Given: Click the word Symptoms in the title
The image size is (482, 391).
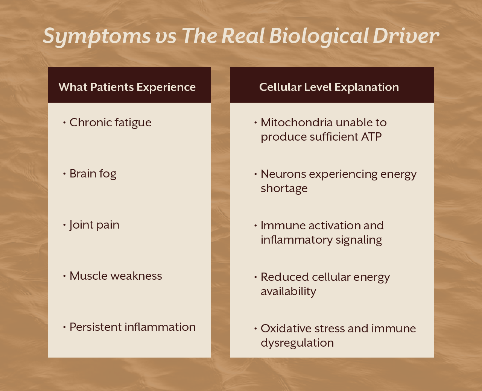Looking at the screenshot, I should tap(96, 36).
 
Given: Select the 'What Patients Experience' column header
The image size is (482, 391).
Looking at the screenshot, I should tap(127, 87).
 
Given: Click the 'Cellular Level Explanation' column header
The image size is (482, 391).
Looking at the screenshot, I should tap(329, 87).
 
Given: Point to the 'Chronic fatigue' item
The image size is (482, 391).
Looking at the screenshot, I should tap(110, 123).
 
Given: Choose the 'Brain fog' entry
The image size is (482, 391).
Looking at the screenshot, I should tap(93, 174).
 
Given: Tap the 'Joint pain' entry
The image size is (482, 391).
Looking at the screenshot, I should tap(94, 225).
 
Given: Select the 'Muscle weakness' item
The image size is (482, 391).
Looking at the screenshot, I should tap(116, 276).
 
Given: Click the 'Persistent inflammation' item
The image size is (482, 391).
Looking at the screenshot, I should tap(132, 327).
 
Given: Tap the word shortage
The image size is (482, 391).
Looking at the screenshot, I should tap(284, 188).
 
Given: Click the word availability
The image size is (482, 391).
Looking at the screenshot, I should tap(288, 291).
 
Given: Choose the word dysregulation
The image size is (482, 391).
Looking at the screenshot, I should tap(297, 343).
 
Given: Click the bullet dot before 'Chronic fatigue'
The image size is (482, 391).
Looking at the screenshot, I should tap(65, 123).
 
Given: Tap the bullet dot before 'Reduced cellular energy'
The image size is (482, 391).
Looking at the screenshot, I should tap(256, 277).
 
